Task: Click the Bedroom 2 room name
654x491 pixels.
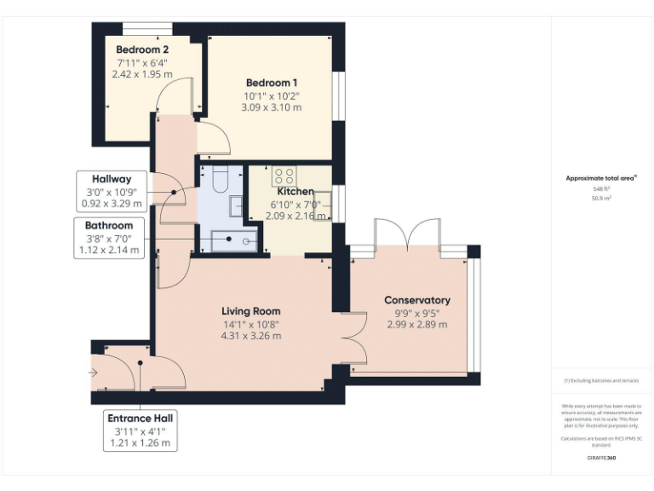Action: (142, 49)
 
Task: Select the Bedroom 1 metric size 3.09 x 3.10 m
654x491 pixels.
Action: (271, 107)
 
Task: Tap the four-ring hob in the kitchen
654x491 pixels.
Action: (284, 176)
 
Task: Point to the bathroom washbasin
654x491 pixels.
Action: (236, 206)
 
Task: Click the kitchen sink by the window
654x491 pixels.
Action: (322, 207)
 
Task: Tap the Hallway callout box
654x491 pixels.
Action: (112, 191)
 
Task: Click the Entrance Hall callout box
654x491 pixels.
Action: (142, 430)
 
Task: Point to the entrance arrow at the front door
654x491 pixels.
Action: (93, 372)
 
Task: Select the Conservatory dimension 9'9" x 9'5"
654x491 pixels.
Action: (416, 313)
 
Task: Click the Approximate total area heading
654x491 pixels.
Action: (601, 178)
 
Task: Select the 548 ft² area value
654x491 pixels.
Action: (601, 188)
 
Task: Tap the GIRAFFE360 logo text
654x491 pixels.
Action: (601, 459)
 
